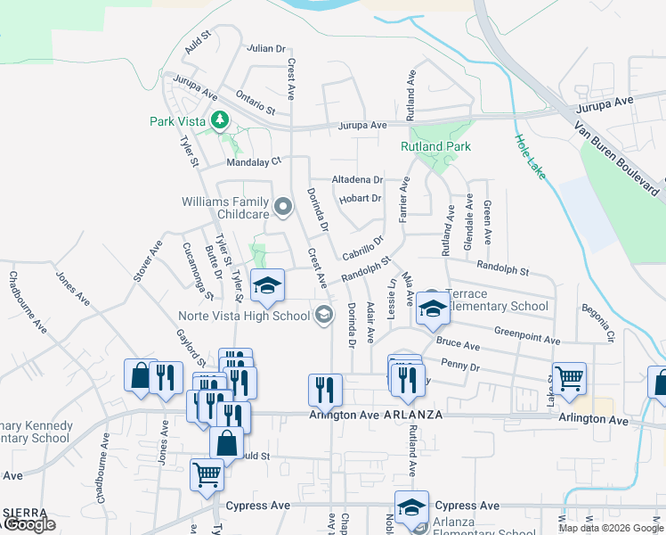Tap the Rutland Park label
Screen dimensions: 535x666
pyautogui.click(x=435, y=146)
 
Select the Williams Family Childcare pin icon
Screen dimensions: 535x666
pyautogui.click(x=284, y=208)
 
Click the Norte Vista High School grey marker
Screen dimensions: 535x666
pyautogui.click(x=323, y=314)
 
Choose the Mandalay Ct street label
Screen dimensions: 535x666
pyautogui.click(x=254, y=161)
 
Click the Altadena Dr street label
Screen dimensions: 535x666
pyautogui.click(x=356, y=179)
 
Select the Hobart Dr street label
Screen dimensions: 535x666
pyautogui.click(x=361, y=198)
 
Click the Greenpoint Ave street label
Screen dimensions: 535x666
pyautogui.click(x=527, y=336)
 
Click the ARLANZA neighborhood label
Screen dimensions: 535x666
pyautogui.click(x=413, y=415)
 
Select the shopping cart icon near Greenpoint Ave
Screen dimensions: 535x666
pyautogui.click(x=569, y=378)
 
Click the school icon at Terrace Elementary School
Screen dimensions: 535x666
pyautogui.click(x=432, y=309)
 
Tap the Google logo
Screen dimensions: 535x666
pyautogui.click(x=29, y=525)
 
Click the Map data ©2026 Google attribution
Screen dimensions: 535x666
pyautogui.click(x=611, y=528)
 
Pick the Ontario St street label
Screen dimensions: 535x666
pyautogui.click(x=255, y=102)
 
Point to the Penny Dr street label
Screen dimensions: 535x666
pyautogui.click(x=461, y=366)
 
